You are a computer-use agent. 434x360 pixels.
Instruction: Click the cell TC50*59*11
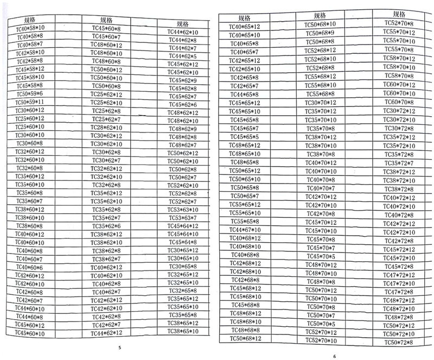pyautogui.click(x=30, y=102)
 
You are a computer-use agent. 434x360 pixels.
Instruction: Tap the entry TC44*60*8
pyautogui.click(x=29, y=317)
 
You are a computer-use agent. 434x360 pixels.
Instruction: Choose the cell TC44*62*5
pyautogui.click(x=182, y=56)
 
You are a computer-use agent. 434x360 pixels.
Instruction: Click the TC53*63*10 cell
pyautogui.click(x=182, y=210)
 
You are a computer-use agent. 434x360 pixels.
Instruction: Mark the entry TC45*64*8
pyautogui.click(x=182, y=242)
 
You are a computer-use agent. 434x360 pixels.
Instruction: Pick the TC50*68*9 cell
pyautogui.click(x=320, y=33)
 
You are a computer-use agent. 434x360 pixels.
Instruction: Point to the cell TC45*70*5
pyautogui.click(x=321, y=256)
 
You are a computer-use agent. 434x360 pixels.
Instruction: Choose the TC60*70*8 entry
pyautogui.click(x=399, y=102)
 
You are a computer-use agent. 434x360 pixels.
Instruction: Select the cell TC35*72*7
pyautogui.click(x=399, y=163)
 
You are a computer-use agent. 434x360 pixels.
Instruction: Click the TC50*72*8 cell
pyautogui.click(x=399, y=343)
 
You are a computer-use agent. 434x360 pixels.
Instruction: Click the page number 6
pyautogui.click(x=334, y=356)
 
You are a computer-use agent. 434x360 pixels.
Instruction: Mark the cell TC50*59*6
pyautogui.click(x=30, y=94)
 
